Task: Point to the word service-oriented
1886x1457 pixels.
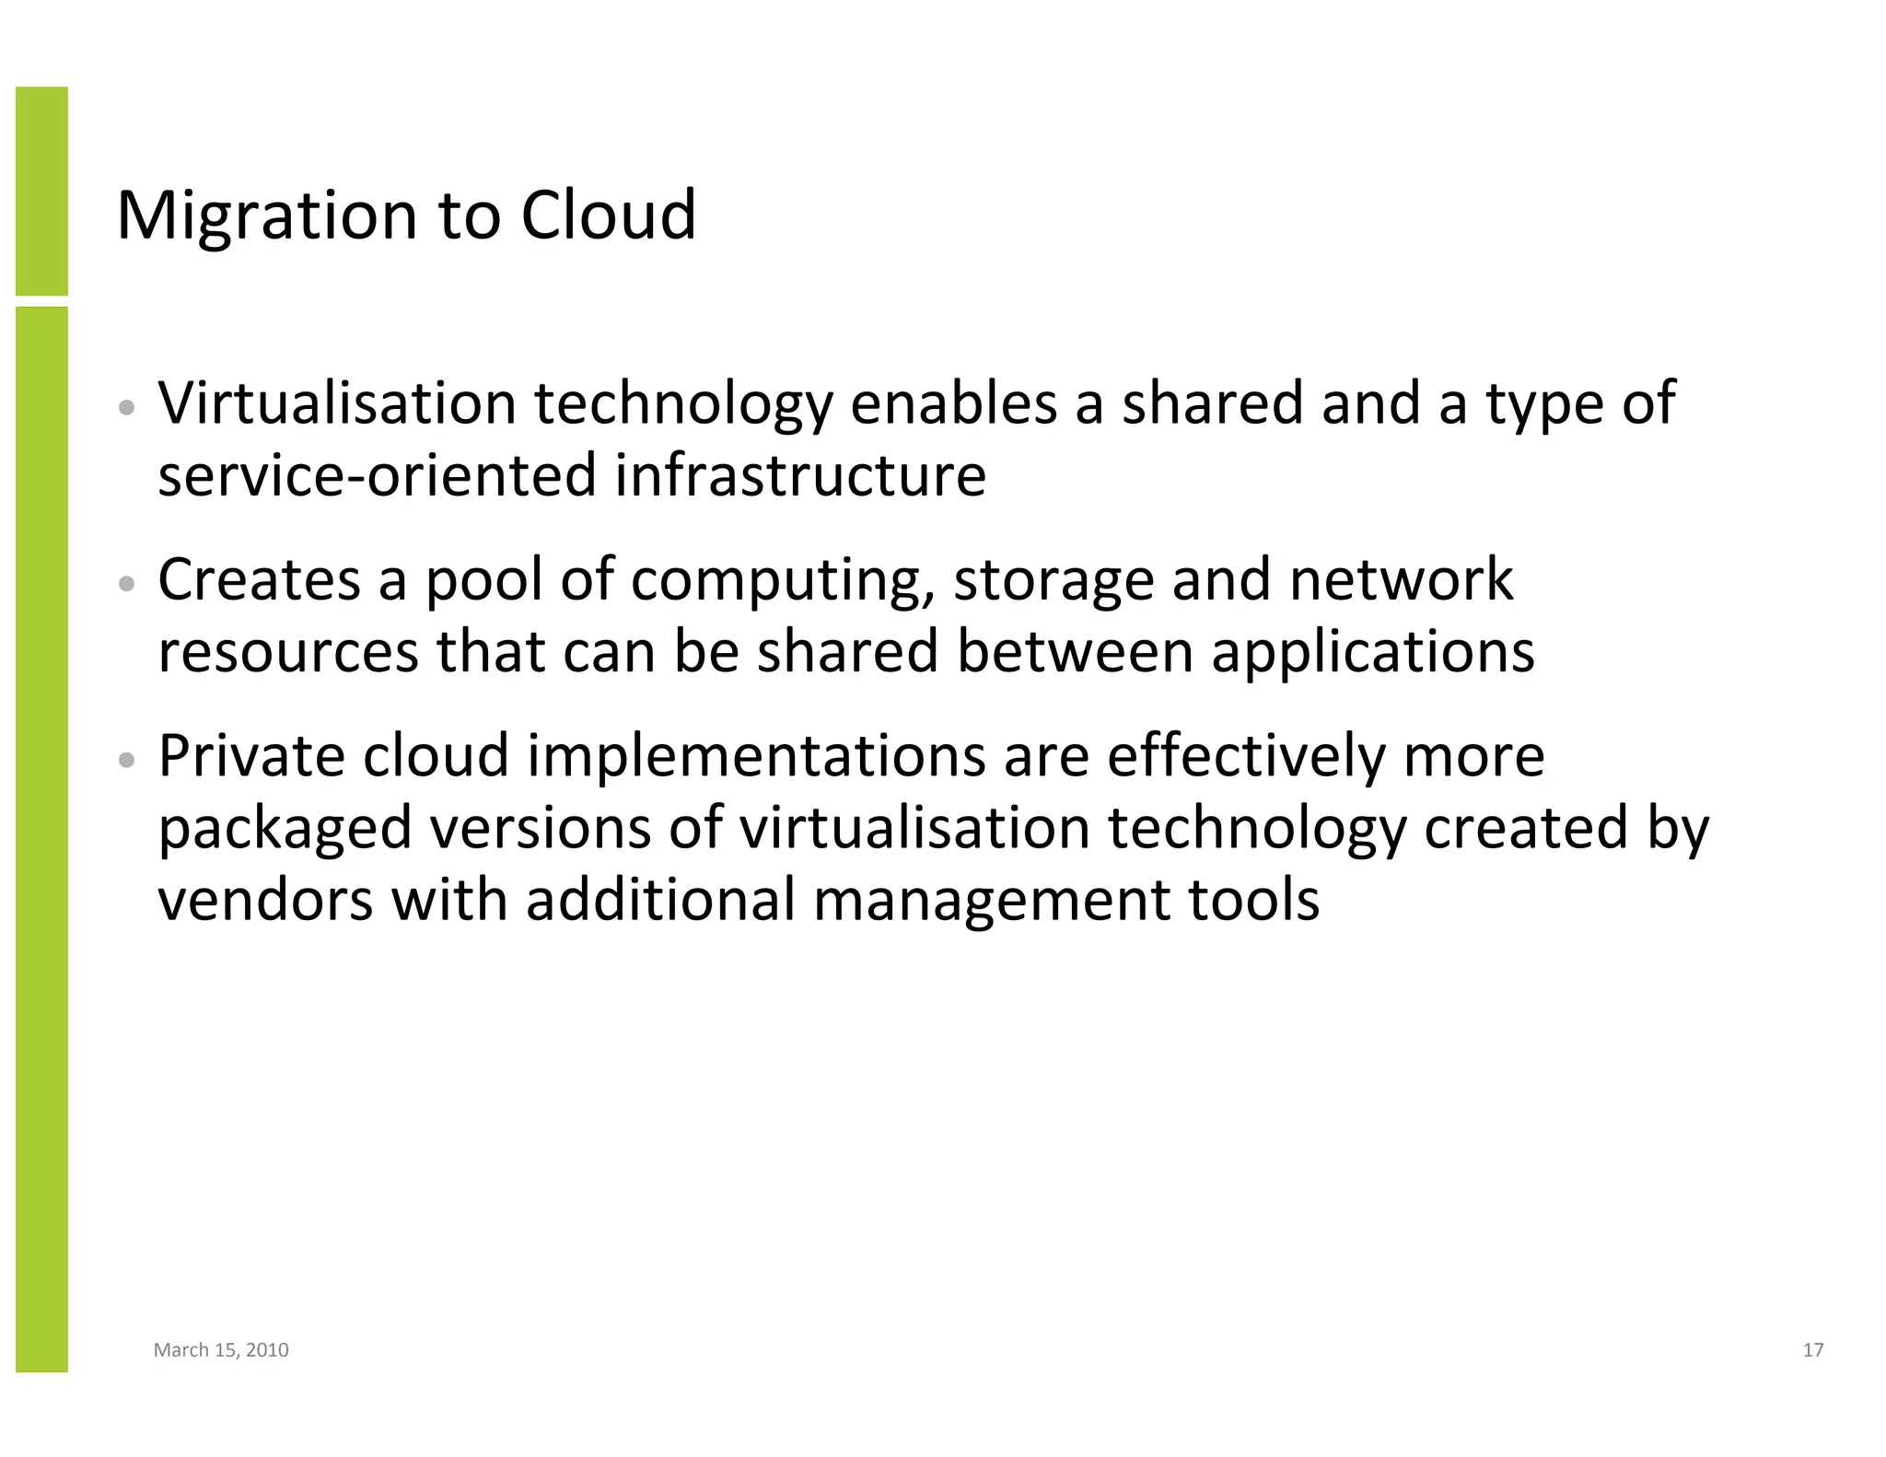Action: [378, 475]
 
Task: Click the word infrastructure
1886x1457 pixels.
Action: [800, 475]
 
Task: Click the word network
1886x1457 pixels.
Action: [1401, 579]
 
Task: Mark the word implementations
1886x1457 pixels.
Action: [756, 758]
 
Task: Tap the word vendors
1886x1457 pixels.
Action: [266, 900]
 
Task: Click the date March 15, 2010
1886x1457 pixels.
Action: [221, 1350]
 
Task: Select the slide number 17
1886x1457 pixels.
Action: [1812, 1350]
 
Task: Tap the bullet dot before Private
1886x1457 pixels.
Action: [128, 760]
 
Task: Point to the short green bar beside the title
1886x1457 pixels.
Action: [41, 191]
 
